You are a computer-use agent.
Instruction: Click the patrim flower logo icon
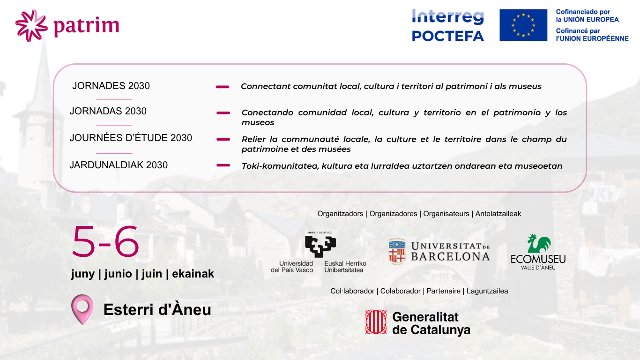tap(31, 25)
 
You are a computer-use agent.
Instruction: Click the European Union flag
tap(523, 25)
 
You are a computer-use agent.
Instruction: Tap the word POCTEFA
tap(448, 36)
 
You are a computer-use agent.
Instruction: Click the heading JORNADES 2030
tap(111, 86)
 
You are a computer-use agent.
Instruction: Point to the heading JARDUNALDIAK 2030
tap(119, 165)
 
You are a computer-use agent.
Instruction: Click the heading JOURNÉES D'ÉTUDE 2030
tap(131, 138)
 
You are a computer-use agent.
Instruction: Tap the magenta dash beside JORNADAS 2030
tap(223, 113)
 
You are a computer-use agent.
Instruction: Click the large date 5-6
tap(105, 242)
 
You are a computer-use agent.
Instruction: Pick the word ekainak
tap(193, 274)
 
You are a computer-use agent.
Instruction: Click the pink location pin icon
tap(82, 309)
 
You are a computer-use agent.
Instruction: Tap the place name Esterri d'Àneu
tap(157, 309)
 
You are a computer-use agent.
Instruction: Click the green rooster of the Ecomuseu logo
tap(539, 243)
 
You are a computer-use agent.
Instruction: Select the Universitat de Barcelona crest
tap(397, 252)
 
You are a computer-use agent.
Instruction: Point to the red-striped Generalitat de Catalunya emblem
tap(376, 322)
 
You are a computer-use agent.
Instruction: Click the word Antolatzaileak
tap(499, 214)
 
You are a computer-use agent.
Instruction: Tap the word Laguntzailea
tap(487, 291)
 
